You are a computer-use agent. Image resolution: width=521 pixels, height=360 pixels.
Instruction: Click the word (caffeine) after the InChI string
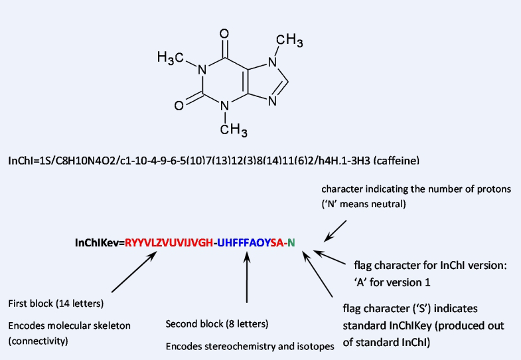click(x=398, y=161)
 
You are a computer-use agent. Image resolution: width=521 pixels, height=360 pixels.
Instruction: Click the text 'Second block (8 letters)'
click(x=216, y=324)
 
